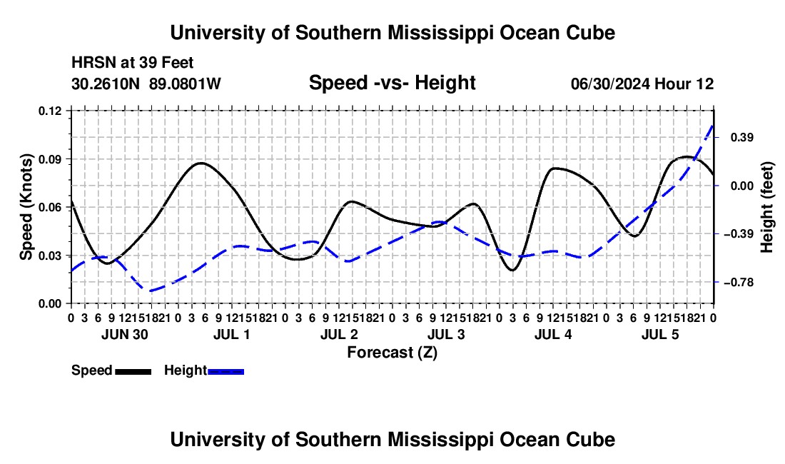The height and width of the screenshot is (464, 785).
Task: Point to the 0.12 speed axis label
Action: [x=50, y=111]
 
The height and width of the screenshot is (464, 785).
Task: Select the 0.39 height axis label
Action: [x=742, y=138]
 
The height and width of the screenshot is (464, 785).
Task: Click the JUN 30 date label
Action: [x=125, y=334]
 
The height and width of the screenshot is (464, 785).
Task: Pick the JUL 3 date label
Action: [x=446, y=334]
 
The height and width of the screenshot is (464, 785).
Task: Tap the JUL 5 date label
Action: [x=660, y=334]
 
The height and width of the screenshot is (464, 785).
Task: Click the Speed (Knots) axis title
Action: [x=26, y=207]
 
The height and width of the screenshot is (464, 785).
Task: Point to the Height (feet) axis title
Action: [x=766, y=207]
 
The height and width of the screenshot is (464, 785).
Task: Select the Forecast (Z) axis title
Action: [x=392, y=353]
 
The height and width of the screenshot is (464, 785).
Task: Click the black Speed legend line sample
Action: [x=133, y=371]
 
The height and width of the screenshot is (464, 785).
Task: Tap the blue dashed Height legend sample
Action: [x=226, y=371]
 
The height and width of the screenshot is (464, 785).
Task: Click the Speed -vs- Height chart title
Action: [x=392, y=83]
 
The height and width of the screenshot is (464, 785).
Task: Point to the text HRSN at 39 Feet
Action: [x=132, y=63]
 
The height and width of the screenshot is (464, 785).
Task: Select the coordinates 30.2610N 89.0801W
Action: [x=146, y=84]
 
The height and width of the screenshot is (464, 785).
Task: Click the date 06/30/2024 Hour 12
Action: [x=642, y=84]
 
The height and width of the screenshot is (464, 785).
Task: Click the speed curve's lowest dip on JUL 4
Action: [x=512, y=271]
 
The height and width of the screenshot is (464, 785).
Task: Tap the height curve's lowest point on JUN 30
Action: [x=148, y=291]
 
